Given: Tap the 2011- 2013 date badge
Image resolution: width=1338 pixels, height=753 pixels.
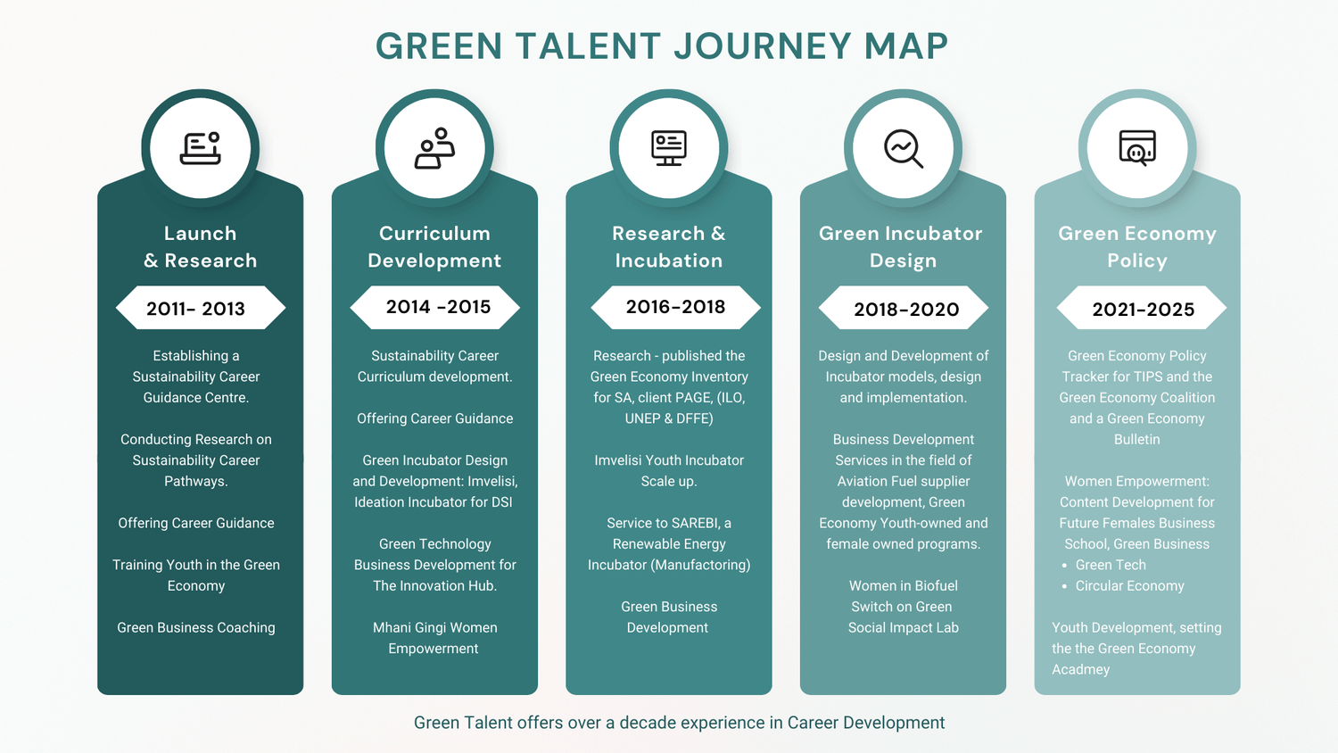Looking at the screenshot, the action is [200, 308].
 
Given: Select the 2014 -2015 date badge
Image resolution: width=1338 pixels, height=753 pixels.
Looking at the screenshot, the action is [434, 307].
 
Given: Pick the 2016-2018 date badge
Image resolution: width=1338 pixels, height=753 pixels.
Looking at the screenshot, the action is [675, 307].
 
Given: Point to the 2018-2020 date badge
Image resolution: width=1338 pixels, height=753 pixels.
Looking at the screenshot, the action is [903, 308].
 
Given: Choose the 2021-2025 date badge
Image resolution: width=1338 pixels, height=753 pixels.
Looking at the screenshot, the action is [1142, 308].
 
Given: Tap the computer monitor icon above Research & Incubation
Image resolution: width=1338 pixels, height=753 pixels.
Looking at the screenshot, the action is [669, 147].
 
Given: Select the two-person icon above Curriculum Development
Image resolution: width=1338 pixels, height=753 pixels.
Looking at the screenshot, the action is [435, 148].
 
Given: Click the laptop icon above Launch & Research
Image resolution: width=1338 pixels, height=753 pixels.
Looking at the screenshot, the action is [201, 148].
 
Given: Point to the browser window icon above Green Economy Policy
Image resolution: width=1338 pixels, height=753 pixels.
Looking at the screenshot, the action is [1137, 147].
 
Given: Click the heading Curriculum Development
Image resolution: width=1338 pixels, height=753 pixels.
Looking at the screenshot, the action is [435, 247].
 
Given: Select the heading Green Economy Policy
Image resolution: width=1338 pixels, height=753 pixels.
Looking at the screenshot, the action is [1137, 247].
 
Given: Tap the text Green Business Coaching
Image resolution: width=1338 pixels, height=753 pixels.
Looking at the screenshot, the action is [196, 627].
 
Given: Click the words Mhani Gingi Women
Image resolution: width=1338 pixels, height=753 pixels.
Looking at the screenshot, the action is [435, 627].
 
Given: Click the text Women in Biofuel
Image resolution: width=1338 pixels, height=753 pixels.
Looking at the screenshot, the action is [903, 585].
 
